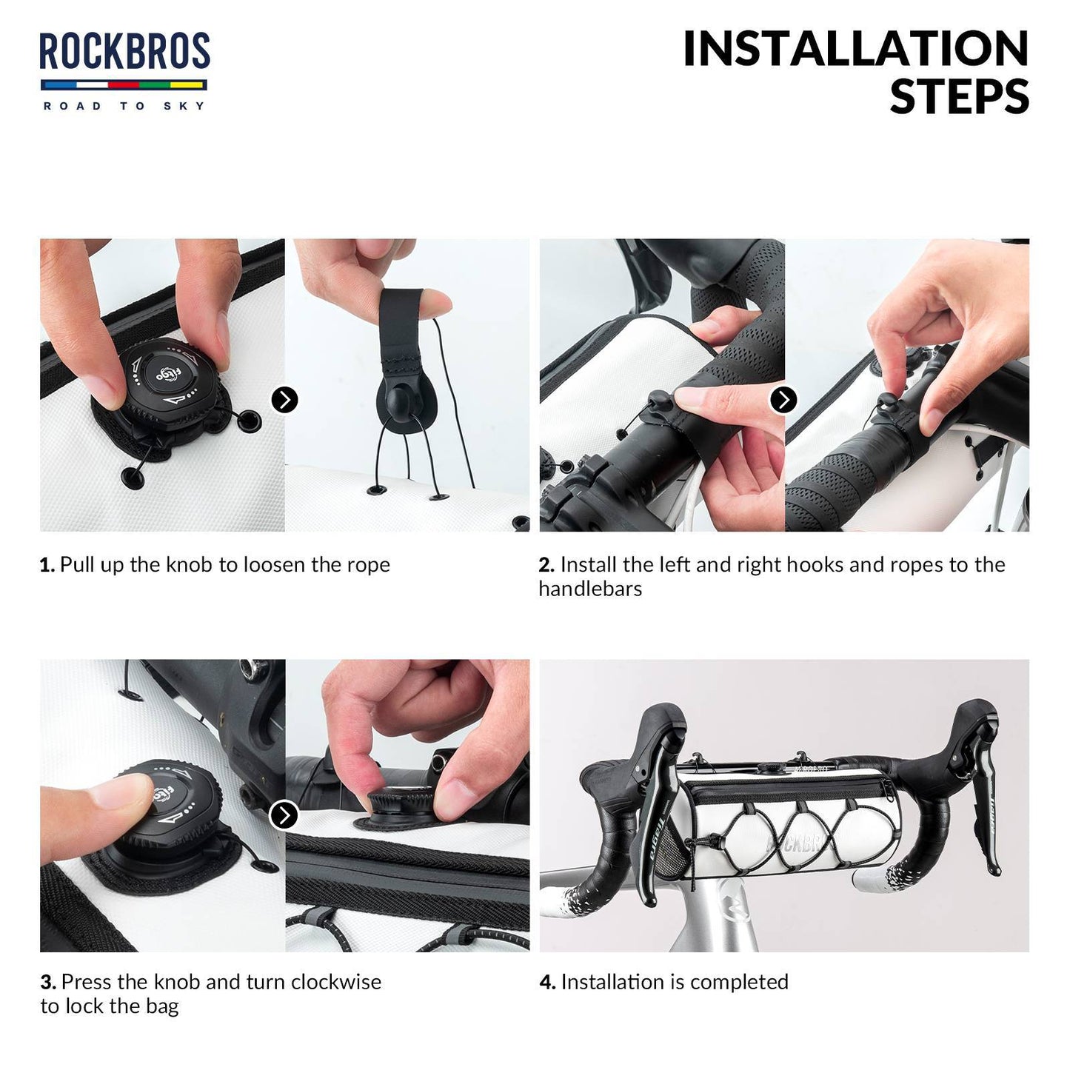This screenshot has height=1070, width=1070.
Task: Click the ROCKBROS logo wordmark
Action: [x=124, y=52]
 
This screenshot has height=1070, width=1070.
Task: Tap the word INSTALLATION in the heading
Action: [x=855, y=49]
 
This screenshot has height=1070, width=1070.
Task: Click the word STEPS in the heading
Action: [x=959, y=97]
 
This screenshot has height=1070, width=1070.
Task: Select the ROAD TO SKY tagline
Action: [x=124, y=106]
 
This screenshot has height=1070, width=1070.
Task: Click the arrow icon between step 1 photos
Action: [x=284, y=400]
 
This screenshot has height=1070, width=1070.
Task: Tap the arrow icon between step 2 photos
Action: [x=783, y=400]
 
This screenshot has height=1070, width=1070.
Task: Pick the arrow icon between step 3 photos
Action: [x=284, y=815]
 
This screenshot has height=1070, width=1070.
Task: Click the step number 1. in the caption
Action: [x=47, y=565]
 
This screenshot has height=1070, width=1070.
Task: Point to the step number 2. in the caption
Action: [x=546, y=565]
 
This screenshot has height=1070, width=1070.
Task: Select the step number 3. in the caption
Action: [x=48, y=983]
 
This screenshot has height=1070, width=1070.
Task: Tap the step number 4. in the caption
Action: [x=547, y=983]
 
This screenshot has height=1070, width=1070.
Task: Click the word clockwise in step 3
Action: [x=336, y=982]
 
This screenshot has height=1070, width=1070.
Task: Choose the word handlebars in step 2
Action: [x=590, y=589]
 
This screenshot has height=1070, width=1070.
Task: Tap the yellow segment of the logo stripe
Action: [x=189, y=84]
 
